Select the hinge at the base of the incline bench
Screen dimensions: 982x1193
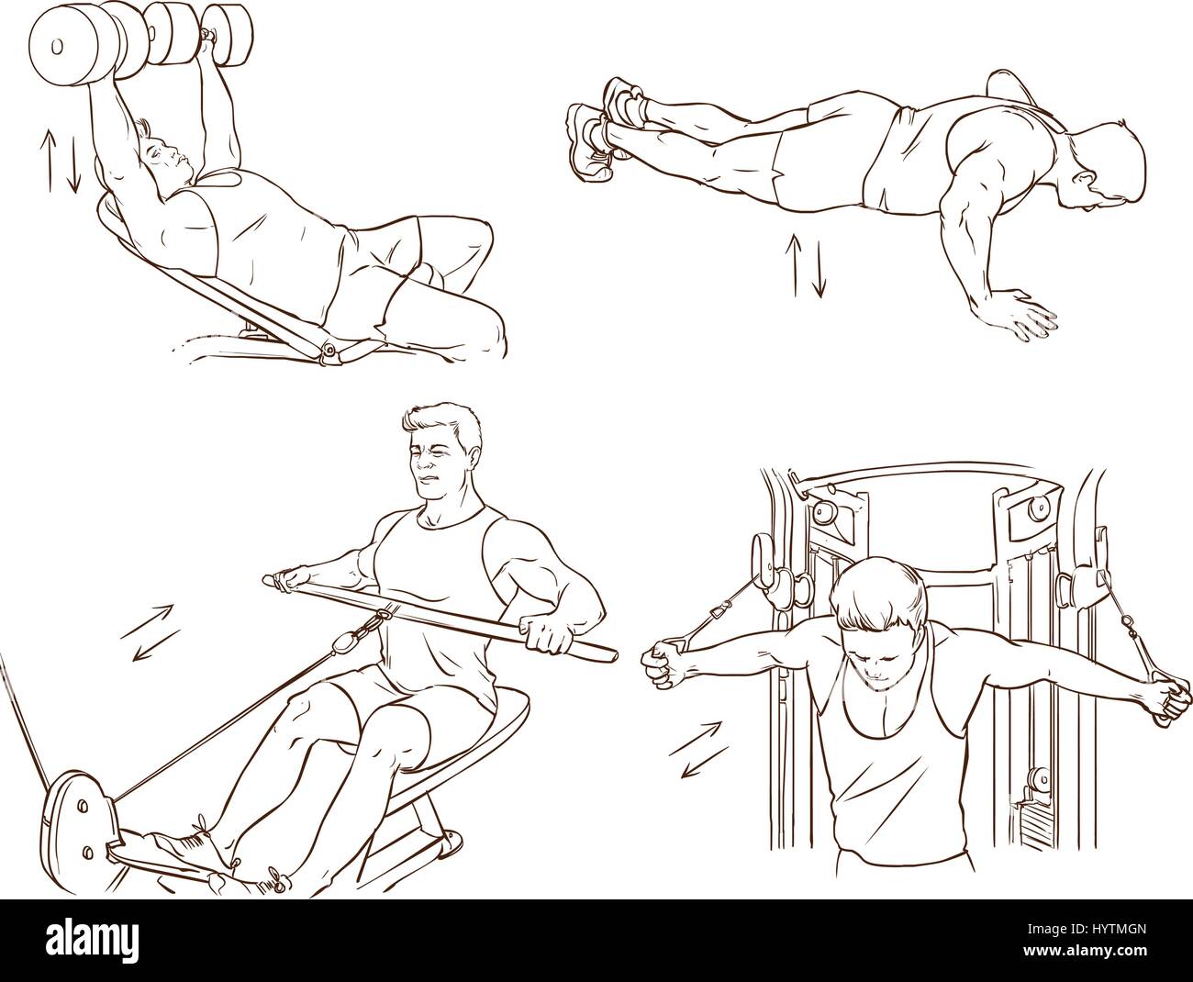[x=329, y=349]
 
